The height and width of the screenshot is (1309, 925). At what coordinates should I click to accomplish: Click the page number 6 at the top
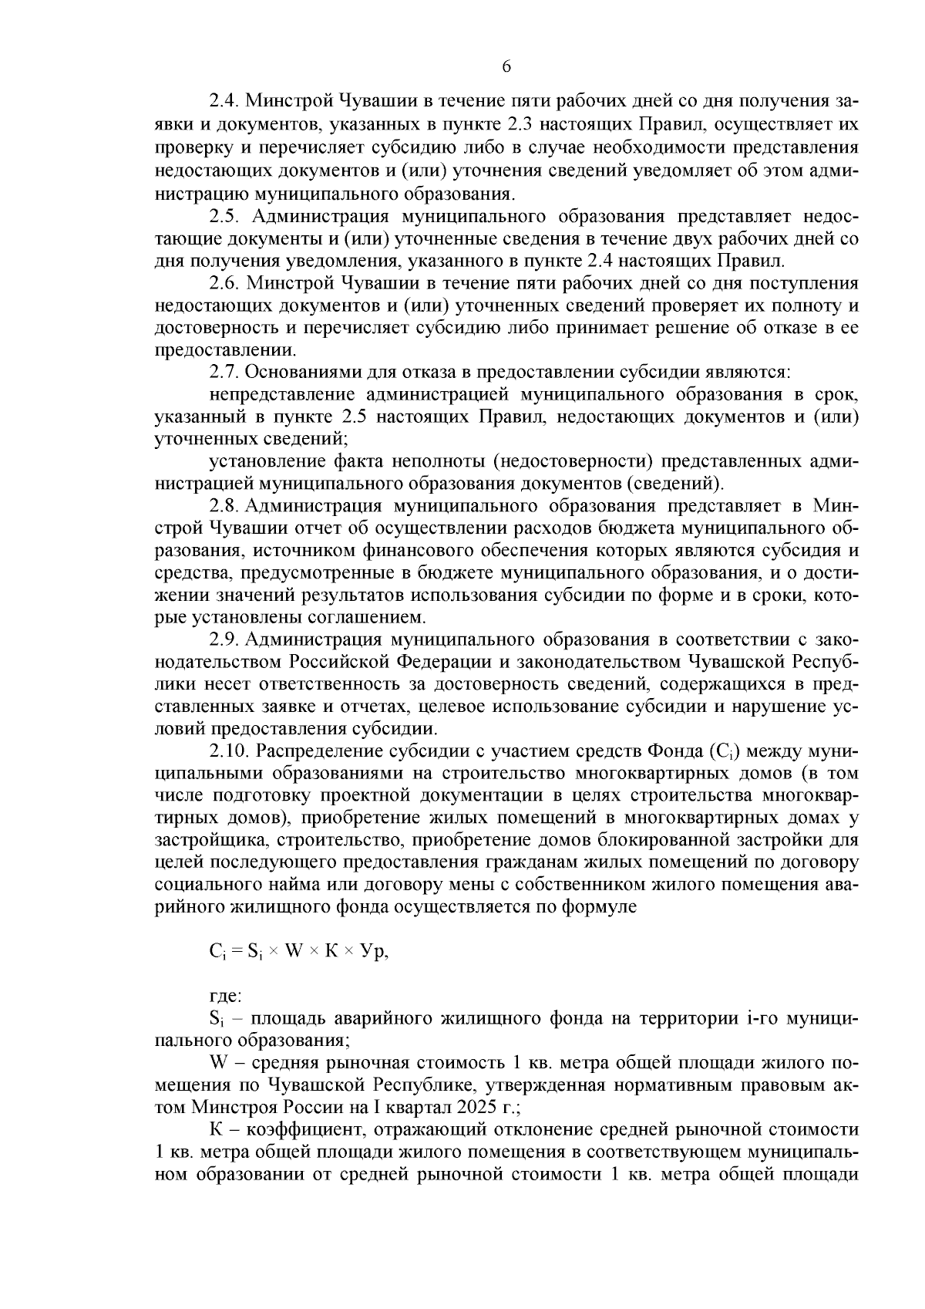click(506, 67)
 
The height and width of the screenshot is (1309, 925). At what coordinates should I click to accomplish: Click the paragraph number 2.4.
click(223, 102)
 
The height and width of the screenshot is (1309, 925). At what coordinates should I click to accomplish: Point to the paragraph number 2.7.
click(223, 373)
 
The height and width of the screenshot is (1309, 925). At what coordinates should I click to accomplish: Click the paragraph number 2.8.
click(223, 507)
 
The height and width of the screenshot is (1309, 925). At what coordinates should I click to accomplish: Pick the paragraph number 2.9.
click(223, 640)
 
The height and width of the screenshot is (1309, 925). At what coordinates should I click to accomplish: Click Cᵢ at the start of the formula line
click(216, 953)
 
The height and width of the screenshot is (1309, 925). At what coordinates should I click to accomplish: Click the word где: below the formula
click(225, 997)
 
